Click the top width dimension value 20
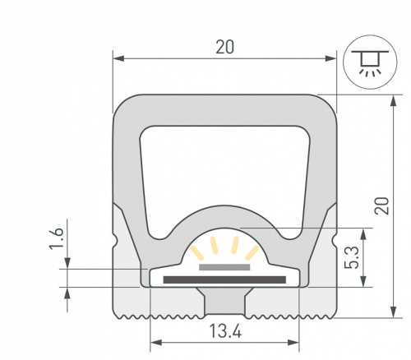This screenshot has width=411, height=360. pyautogui.click(x=224, y=47)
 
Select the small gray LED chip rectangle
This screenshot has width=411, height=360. pyautogui.click(x=224, y=267)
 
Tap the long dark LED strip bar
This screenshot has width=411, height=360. pyautogui.click(x=224, y=279)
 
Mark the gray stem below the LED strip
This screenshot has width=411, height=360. pyautogui.click(x=224, y=303)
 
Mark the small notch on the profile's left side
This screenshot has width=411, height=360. pyautogui.click(x=116, y=244)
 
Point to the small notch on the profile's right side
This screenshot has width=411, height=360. pyautogui.click(x=333, y=244)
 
